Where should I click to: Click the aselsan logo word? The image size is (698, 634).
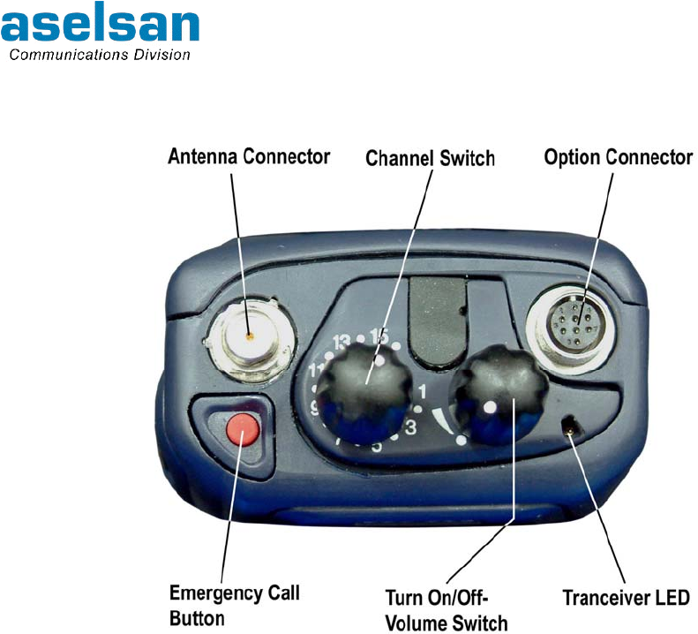[x=100, y=26]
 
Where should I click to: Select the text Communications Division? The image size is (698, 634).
[x=99, y=55]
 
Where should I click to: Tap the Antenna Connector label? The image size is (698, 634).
[x=249, y=157]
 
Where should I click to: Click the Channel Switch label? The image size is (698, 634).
[x=430, y=159]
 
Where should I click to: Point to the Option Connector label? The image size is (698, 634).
[x=618, y=157]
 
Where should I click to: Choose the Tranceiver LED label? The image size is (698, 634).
[x=626, y=598]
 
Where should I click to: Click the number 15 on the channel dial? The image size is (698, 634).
[x=379, y=336]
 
